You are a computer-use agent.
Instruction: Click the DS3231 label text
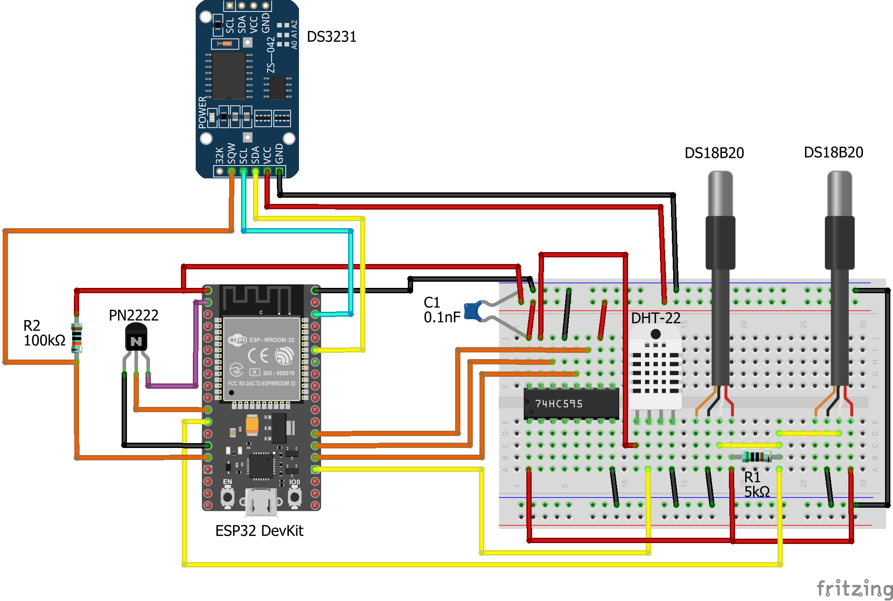tap(331, 37)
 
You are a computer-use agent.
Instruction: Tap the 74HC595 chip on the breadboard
tap(571, 403)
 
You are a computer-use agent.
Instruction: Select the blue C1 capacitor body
tap(473, 311)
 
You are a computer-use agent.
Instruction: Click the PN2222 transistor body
tap(136, 338)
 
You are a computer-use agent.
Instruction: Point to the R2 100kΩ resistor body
tap(77, 337)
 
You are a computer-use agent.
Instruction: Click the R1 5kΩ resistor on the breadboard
tap(757, 457)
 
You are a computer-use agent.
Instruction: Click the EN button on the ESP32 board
tap(227, 497)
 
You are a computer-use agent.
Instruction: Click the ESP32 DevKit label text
tap(259, 531)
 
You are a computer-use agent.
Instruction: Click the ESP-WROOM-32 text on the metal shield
tap(272, 340)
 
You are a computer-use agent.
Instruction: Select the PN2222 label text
tap(134, 315)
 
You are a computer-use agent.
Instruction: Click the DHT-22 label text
tap(655, 318)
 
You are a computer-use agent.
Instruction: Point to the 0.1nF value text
tap(442, 317)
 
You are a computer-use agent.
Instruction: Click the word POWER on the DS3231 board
tap(203, 112)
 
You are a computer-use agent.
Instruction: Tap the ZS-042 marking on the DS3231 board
tap(271, 55)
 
